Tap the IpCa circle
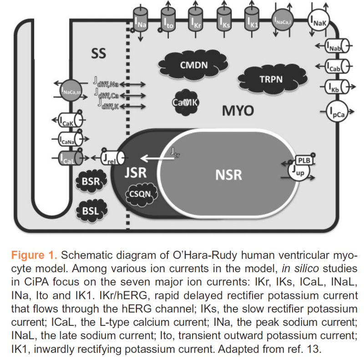click(338, 112)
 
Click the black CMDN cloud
click(193, 65)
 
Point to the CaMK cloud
click(185, 103)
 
